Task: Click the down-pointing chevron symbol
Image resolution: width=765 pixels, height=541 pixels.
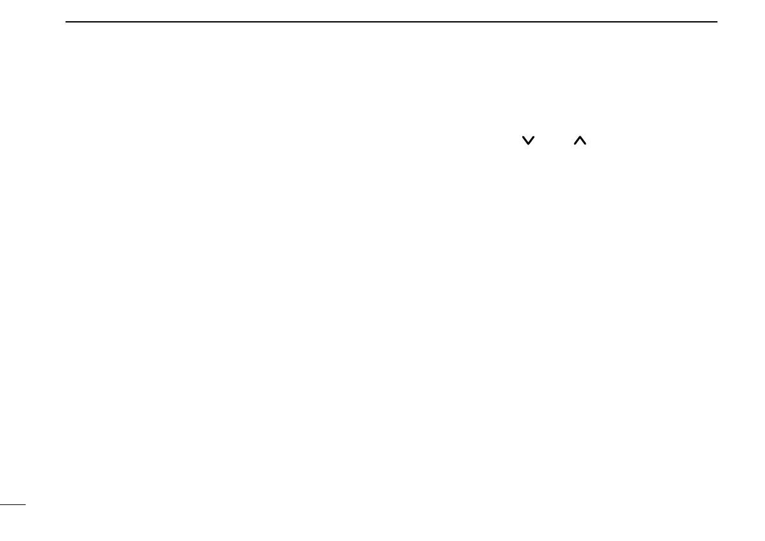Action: pyautogui.click(x=528, y=140)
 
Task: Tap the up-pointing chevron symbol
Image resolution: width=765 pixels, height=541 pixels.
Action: pyautogui.click(x=580, y=140)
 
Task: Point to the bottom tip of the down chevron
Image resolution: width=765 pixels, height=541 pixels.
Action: pyautogui.click(x=528, y=144)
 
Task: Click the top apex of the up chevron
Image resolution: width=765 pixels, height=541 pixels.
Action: pyautogui.click(x=580, y=136)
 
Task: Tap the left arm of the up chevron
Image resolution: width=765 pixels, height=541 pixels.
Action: pyautogui.click(x=577, y=141)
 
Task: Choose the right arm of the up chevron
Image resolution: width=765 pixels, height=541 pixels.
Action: pyautogui.click(x=583, y=141)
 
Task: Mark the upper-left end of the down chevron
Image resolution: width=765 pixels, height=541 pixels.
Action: pyautogui.click(x=523, y=136)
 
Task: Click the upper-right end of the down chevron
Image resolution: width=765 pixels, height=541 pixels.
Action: pyautogui.click(x=534, y=136)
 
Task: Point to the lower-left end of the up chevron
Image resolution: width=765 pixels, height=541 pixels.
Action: pyautogui.click(x=574, y=144)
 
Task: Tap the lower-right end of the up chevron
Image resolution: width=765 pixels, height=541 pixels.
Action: pyautogui.click(x=586, y=144)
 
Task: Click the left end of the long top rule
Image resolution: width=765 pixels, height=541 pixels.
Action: pyautogui.click(x=67, y=22)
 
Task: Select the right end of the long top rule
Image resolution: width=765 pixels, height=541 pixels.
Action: pyautogui.click(x=717, y=22)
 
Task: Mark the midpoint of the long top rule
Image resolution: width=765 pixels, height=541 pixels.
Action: pyautogui.click(x=392, y=22)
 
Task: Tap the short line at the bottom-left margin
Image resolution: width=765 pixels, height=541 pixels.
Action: pyautogui.click(x=12, y=505)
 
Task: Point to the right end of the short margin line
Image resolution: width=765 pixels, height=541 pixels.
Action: pyautogui.click(x=24, y=505)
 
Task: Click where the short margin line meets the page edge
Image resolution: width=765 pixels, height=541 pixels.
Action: pyautogui.click(x=1, y=505)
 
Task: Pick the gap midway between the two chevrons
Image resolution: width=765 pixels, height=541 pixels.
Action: pyautogui.click(x=554, y=140)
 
